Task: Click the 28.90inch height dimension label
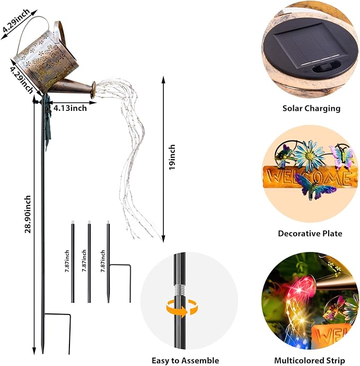point(28,214)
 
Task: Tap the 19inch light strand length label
point(172,157)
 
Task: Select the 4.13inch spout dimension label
point(70,108)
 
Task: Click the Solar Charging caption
point(311,108)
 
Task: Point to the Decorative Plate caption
point(310,233)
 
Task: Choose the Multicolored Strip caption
point(310,360)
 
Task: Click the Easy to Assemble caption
point(185,360)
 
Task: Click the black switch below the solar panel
point(326,67)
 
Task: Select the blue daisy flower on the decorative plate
point(309,153)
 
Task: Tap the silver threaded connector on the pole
point(179,290)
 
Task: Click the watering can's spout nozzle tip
point(93,90)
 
